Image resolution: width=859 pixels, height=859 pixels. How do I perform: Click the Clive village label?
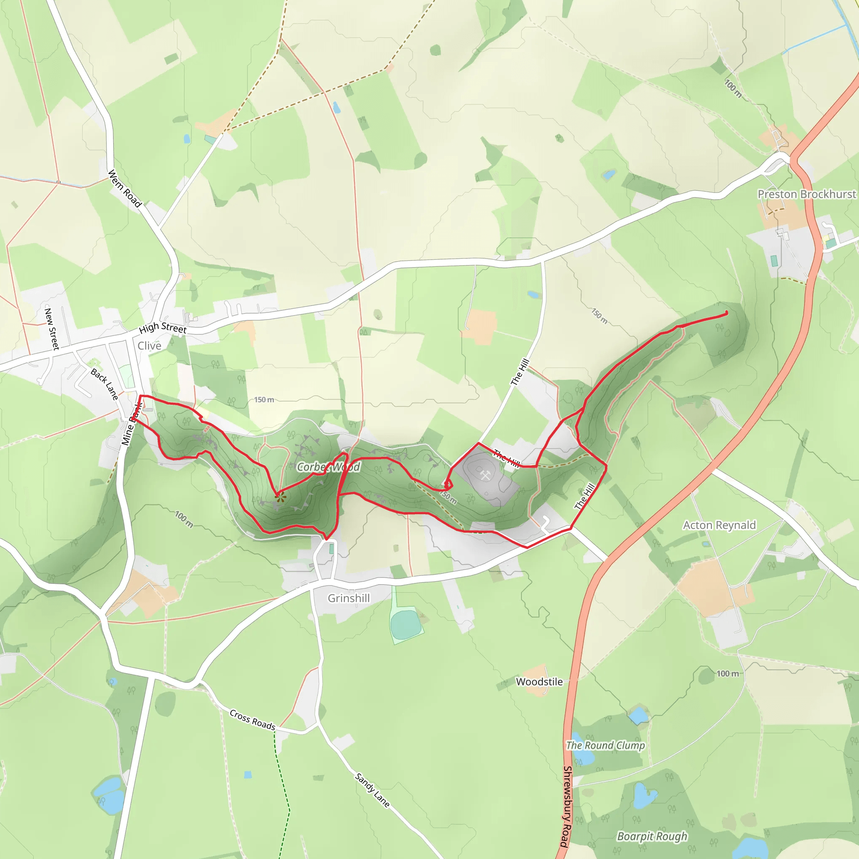149,346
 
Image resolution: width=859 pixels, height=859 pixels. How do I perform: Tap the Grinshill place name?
349,598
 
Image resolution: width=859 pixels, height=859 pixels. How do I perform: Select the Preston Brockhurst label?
807,194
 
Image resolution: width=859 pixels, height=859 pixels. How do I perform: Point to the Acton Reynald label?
719,525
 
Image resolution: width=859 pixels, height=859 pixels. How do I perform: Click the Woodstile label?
539,682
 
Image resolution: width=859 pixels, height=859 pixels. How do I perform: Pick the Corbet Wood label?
328,467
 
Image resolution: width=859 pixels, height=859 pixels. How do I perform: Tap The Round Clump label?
605,745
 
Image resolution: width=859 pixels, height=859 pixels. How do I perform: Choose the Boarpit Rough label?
652,836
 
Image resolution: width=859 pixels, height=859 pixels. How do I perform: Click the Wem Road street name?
125,188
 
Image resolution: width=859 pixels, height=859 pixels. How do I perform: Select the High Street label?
163,328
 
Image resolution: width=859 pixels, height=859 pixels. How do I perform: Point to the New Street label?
52,328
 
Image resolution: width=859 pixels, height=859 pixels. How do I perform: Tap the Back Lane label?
105,384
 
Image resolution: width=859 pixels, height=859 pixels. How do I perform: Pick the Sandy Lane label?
372,790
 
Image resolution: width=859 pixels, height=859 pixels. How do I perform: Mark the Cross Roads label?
252,719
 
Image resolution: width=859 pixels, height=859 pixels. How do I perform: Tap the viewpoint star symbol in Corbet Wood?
280,498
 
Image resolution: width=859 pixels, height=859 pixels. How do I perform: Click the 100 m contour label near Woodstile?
728,674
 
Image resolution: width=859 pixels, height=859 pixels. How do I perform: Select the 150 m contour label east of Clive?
264,400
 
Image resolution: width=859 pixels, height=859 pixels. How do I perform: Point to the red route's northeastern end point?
726,313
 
